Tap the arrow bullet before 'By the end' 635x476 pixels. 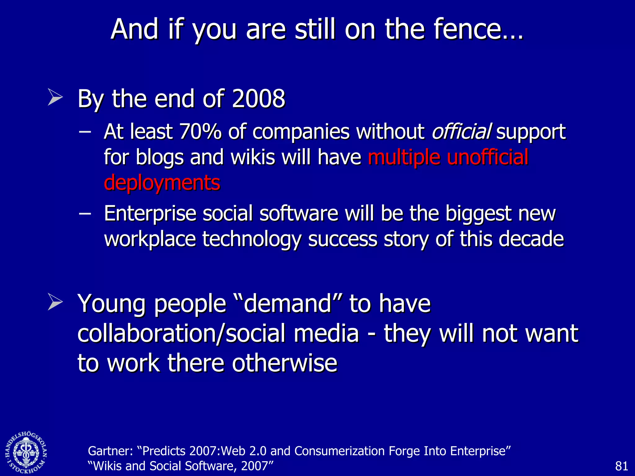pos(55,97)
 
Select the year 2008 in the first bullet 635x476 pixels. pos(259,99)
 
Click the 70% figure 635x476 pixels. pos(200,132)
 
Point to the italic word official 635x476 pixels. pos(461,132)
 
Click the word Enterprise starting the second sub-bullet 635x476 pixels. pos(150,214)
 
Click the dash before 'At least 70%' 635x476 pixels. pos(85,132)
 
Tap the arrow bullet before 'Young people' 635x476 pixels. pos(55,302)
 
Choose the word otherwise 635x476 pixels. pos(284,363)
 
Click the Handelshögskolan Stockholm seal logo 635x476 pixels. pos(26,452)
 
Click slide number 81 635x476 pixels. pos(621,466)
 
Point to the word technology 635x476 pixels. pos(251,239)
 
